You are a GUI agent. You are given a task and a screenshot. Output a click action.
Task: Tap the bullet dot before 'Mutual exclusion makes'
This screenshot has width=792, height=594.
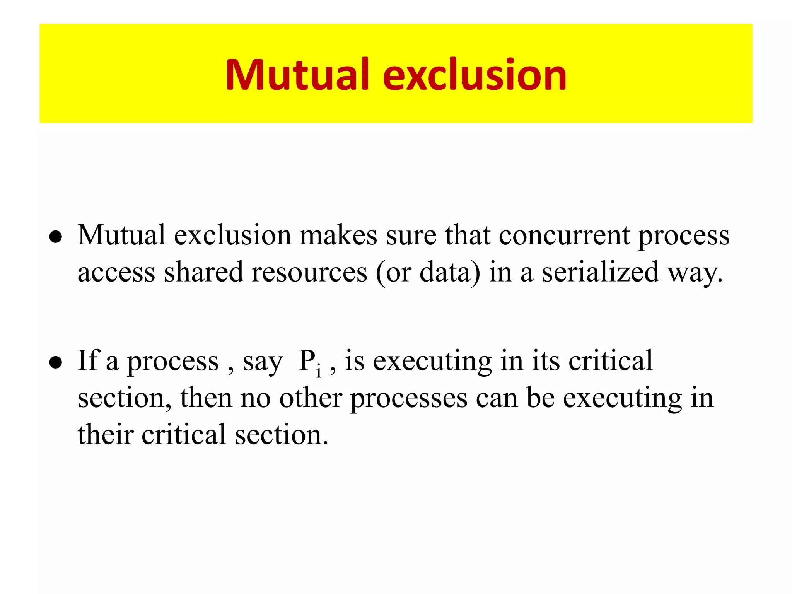click(x=56, y=237)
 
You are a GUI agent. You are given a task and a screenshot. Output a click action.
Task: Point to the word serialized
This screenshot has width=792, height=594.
click(x=600, y=272)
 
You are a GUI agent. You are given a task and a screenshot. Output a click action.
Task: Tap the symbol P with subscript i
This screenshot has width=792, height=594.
click(x=309, y=362)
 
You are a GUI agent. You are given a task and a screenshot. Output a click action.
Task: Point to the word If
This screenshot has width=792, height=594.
click(x=88, y=360)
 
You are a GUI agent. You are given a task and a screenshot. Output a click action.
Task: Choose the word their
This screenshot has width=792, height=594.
click(x=105, y=434)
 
